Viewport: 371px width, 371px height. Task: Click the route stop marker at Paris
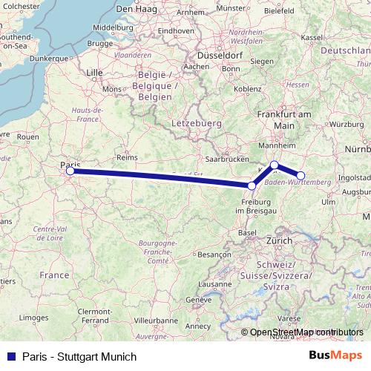pos(70,171)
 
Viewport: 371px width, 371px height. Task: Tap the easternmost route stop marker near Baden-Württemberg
pos(301,176)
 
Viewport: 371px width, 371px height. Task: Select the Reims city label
pos(128,157)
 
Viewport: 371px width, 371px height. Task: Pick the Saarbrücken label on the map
pos(226,159)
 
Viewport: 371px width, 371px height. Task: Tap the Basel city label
pos(247,232)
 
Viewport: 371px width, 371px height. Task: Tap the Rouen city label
pos(27,137)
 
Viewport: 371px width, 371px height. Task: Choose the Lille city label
pos(95,72)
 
